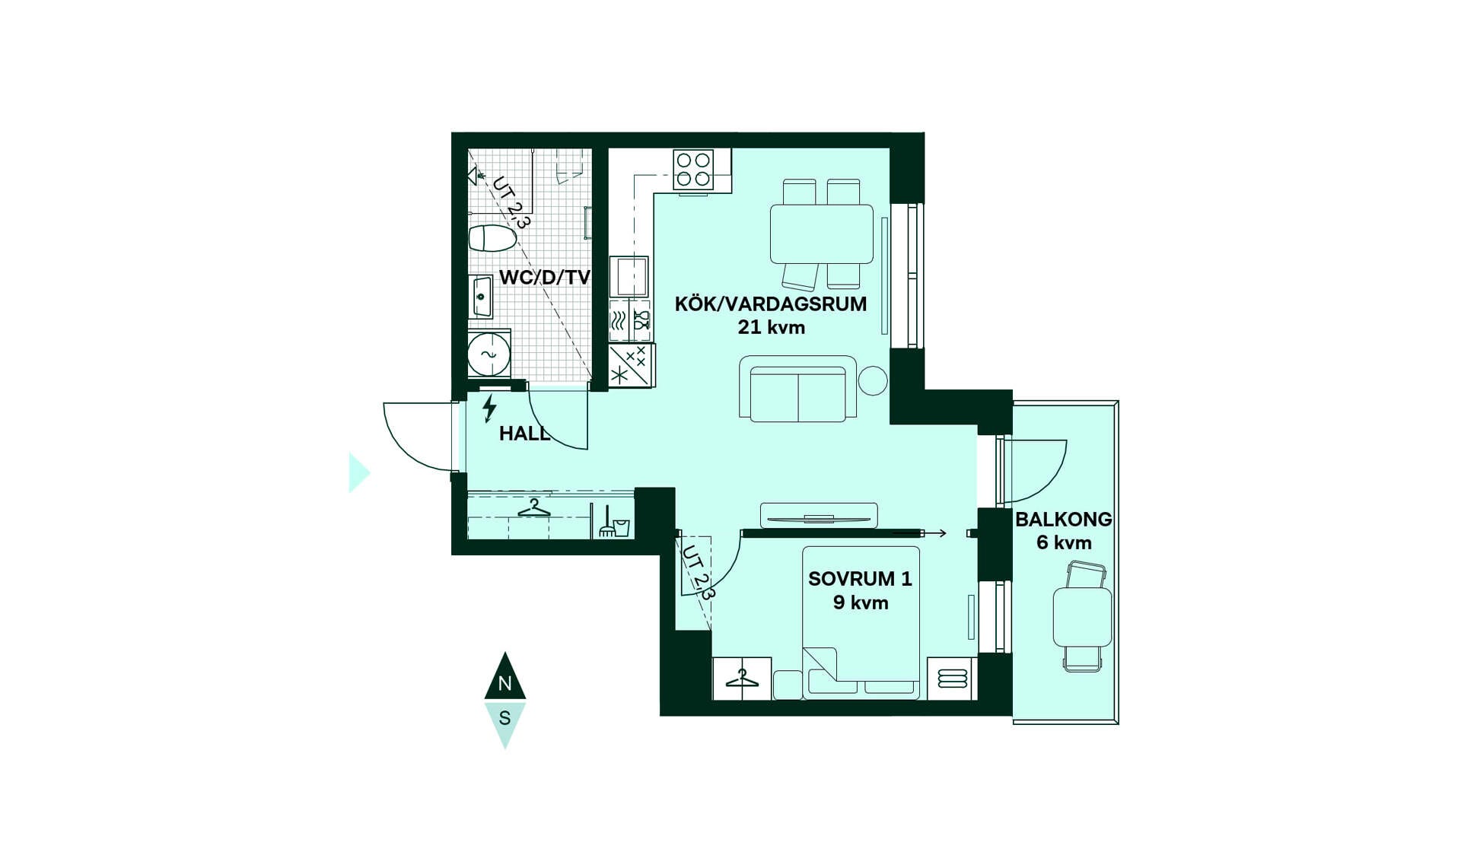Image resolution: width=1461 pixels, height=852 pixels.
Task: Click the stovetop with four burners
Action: point(693,170)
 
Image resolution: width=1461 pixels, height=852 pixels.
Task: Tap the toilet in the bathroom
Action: point(492,238)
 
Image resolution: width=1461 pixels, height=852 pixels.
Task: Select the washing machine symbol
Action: point(489,354)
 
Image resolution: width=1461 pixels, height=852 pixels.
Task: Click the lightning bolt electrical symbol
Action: point(489,409)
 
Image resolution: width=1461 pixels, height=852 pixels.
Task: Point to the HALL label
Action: point(524,434)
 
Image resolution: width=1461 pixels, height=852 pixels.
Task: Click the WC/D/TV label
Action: point(545,277)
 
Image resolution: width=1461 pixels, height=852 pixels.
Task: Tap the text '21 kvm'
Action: point(771,328)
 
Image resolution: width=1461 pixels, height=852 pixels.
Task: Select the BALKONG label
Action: point(1064,520)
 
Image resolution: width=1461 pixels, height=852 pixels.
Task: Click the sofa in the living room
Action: point(798,389)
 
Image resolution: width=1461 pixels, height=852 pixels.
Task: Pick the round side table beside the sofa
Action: point(873,381)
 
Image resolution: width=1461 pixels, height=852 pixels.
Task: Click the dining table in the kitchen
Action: point(822,234)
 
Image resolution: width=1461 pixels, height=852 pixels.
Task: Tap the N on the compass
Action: point(505,683)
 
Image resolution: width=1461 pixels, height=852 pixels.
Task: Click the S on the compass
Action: point(505,717)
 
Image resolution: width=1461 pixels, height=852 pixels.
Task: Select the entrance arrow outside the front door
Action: point(358,473)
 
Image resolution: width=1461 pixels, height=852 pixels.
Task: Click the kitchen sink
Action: point(629,276)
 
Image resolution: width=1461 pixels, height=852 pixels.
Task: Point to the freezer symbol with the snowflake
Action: point(632,366)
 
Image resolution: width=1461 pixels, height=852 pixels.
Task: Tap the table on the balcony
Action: point(1083,616)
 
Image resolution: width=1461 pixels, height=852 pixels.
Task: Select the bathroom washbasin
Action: point(481,297)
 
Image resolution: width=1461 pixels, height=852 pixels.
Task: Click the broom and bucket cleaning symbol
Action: point(614,522)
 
